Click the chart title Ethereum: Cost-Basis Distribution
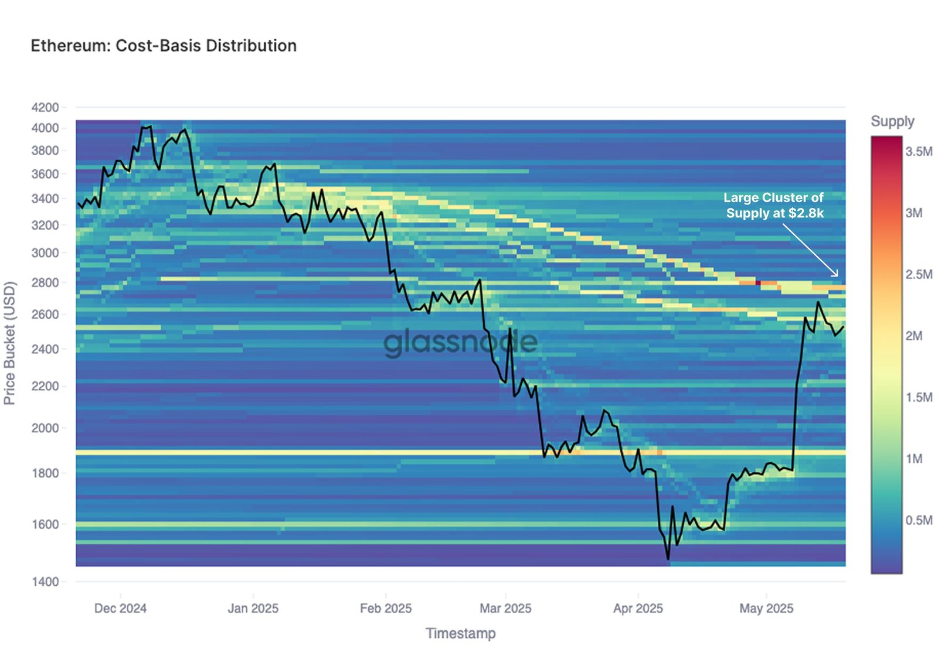[x=164, y=46]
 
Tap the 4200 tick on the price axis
[x=45, y=107]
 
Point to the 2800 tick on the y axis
[x=45, y=282]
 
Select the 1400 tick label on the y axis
[x=45, y=582]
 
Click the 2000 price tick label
[x=45, y=428]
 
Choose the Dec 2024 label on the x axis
[x=120, y=609]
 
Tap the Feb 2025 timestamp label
[x=386, y=609]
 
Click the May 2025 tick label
[x=766, y=609]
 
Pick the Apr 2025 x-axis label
[x=638, y=609]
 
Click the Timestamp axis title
[x=461, y=633]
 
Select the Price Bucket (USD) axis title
[x=9, y=343]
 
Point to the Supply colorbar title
[x=892, y=121]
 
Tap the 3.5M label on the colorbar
[x=919, y=152]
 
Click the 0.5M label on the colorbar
[x=919, y=520]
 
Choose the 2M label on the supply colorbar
[x=914, y=336]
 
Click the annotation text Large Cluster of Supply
[x=774, y=205]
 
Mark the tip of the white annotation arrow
[x=838, y=276]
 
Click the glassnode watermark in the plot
[x=460, y=343]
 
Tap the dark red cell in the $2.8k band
[x=758, y=283]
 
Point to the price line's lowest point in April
[x=668, y=559]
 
